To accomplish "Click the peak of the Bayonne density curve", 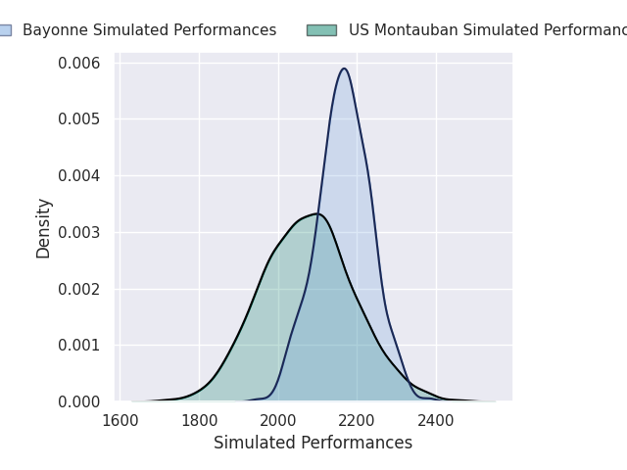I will (x=344, y=69).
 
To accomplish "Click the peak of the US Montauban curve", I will (x=317, y=213).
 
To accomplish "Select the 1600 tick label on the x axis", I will (x=121, y=422).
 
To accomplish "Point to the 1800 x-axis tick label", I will (x=199, y=422).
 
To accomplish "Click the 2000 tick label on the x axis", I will (x=278, y=422).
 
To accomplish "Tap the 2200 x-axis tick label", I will (x=358, y=422).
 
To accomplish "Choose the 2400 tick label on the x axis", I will (x=436, y=422).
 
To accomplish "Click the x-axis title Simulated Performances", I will (x=313, y=444).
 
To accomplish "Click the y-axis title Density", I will (x=44, y=228).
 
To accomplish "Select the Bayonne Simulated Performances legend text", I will (x=149, y=30).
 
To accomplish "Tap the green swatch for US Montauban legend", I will (x=321, y=30).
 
